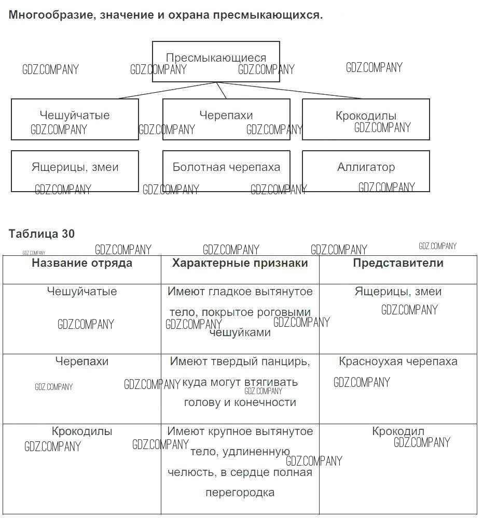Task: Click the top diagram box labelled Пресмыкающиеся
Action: (x=216, y=58)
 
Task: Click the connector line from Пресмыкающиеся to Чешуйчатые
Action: (x=166, y=91)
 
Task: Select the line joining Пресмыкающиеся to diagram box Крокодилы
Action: (x=291, y=91)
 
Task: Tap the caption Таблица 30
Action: (x=42, y=234)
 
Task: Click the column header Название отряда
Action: (x=82, y=263)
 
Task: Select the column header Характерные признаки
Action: (x=240, y=263)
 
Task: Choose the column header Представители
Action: (x=398, y=263)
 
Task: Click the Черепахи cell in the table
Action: (x=82, y=362)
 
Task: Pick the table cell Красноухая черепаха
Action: (x=398, y=362)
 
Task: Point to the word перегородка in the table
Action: (x=240, y=493)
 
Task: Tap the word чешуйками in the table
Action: (x=240, y=333)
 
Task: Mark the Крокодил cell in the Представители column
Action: (x=398, y=431)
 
